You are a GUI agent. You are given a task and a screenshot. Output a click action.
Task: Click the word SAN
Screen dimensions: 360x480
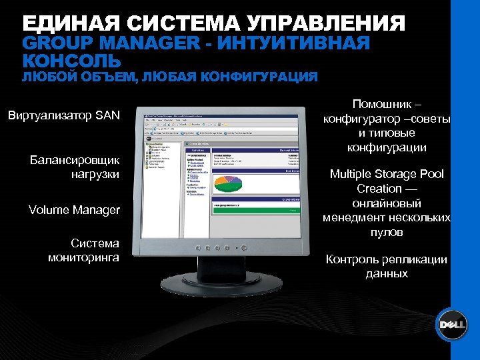(107, 116)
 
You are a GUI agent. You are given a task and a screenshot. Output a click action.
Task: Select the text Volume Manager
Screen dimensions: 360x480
(74, 210)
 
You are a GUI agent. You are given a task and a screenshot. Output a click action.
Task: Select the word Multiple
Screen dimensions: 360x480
(353, 175)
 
